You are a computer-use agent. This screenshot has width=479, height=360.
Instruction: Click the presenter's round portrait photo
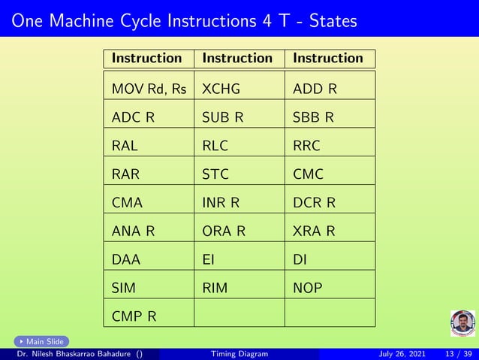(462, 323)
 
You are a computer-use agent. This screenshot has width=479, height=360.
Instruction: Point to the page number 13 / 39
(459, 354)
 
